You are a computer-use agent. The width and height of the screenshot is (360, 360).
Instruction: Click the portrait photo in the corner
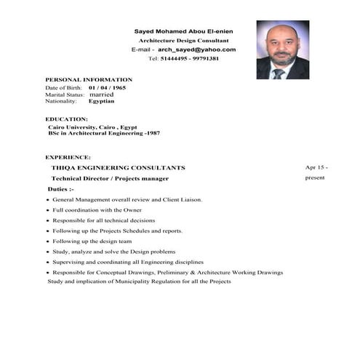click(282, 49)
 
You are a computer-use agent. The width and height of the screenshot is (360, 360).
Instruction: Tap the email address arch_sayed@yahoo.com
click(196, 49)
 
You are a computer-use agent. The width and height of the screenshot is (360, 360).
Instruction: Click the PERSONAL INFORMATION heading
click(89, 79)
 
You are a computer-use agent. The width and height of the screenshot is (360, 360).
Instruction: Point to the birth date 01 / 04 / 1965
click(107, 87)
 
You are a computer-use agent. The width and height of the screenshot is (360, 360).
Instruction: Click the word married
click(101, 95)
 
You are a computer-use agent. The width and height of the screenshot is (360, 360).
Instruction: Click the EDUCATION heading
click(66, 119)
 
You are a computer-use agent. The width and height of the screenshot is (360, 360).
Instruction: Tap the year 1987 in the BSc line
click(153, 133)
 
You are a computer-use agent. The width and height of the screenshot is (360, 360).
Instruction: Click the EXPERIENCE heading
click(68, 156)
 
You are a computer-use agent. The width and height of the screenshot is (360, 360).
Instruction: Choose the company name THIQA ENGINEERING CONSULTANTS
click(118, 167)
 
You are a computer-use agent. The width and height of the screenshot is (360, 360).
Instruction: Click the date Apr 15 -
click(316, 167)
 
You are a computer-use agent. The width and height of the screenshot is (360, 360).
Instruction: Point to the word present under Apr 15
click(315, 177)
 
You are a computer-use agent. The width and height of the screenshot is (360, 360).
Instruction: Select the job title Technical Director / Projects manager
click(110, 178)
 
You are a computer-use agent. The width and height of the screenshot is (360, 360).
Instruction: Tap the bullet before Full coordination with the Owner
click(47, 210)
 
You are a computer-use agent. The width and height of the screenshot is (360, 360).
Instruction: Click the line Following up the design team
click(92, 241)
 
